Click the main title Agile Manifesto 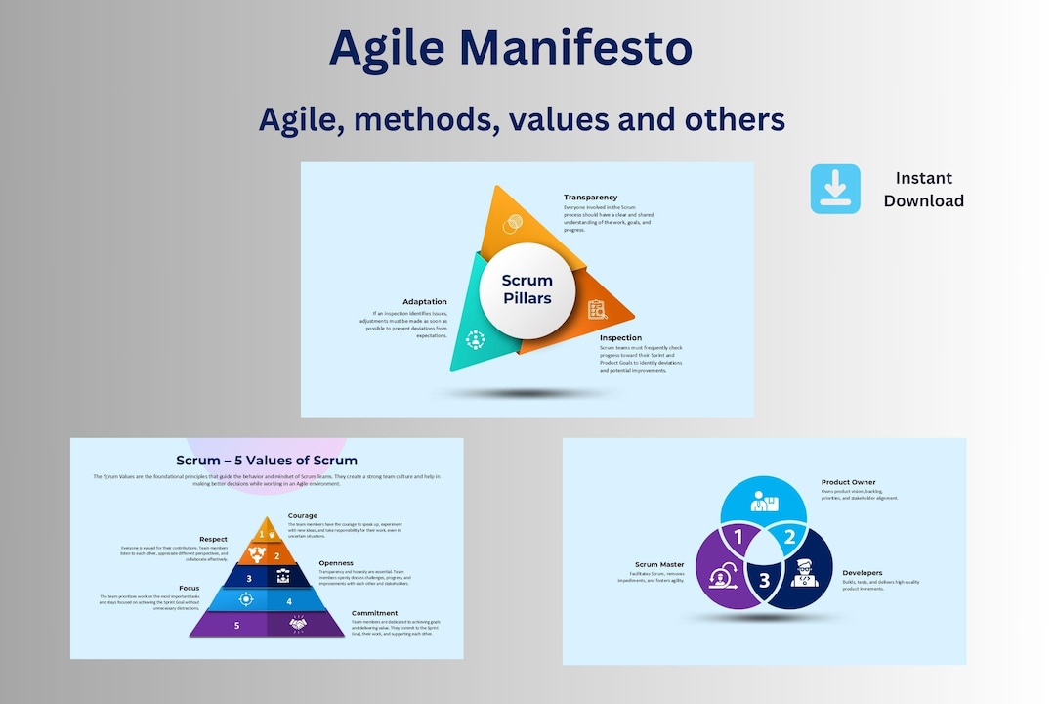click(x=510, y=49)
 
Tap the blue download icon click(x=835, y=189)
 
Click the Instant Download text click(x=923, y=189)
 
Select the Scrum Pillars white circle click(x=527, y=289)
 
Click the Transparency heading click(x=590, y=198)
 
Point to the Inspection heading click(x=620, y=338)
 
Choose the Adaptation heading click(x=425, y=302)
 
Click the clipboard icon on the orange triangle click(x=596, y=310)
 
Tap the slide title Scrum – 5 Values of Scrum click(x=267, y=461)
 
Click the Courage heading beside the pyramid click(x=302, y=515)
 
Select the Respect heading click(x=213, y=539)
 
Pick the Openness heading click(x=336, y=563)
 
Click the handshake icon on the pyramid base click(x=298, y=624)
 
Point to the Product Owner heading click(x=849, y=482)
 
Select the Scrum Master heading click(x=659, y=564)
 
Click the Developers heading click(x=863, y=573)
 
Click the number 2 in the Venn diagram click(x=790, y=536)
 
